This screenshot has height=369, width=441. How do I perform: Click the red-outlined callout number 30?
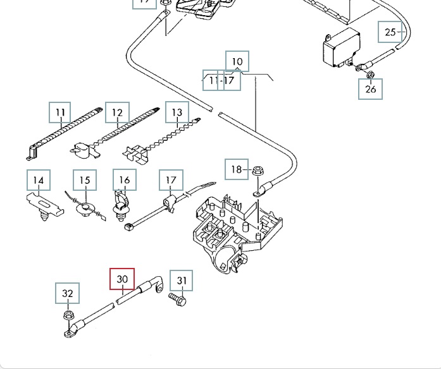122,279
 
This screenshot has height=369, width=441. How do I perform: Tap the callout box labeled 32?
68,294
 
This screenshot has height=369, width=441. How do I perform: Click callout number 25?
390,32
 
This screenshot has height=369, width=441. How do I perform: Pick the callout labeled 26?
371,89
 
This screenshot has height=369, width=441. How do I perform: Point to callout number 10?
237,62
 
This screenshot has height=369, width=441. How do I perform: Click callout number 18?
236,169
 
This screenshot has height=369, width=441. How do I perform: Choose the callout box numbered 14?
38,181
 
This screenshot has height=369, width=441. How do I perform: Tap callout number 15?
85,181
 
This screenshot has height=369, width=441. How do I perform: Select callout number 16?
124,181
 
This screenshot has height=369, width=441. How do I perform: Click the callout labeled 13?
177,112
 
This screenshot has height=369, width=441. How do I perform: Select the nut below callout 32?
68,315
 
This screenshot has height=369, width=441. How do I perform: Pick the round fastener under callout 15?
84,208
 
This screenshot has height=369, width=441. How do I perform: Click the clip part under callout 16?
120,205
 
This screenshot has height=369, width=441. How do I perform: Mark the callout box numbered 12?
117,113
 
